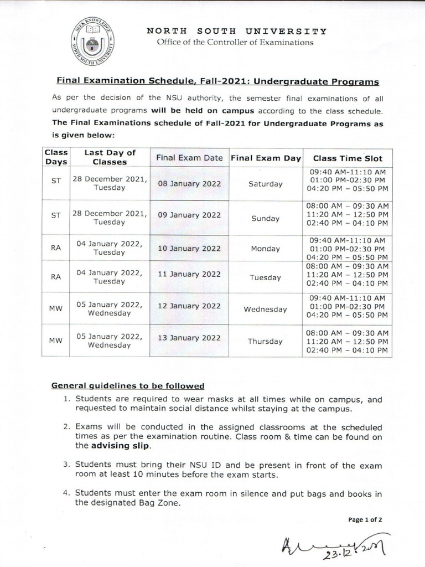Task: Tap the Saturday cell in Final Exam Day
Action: click(x=266, y=184)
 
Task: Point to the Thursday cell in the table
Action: click(x=265, y=341)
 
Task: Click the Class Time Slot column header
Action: click(x=347, y=158)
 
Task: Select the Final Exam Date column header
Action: click(x=189, y=158)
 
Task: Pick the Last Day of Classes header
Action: click(x=110, y=157)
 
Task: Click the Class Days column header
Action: click(x=56, y=157)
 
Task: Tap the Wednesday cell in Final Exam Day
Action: click(x=265, y=310)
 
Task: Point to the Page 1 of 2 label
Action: click(x=365, y=519)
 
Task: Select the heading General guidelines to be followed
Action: click(x=128, y=385)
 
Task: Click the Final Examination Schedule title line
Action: click(x=215, y=81)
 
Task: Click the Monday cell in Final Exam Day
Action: click(x=265, y=249)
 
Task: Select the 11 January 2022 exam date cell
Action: click(x=189, y=274)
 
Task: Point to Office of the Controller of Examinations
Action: click(x=235, y=42)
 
